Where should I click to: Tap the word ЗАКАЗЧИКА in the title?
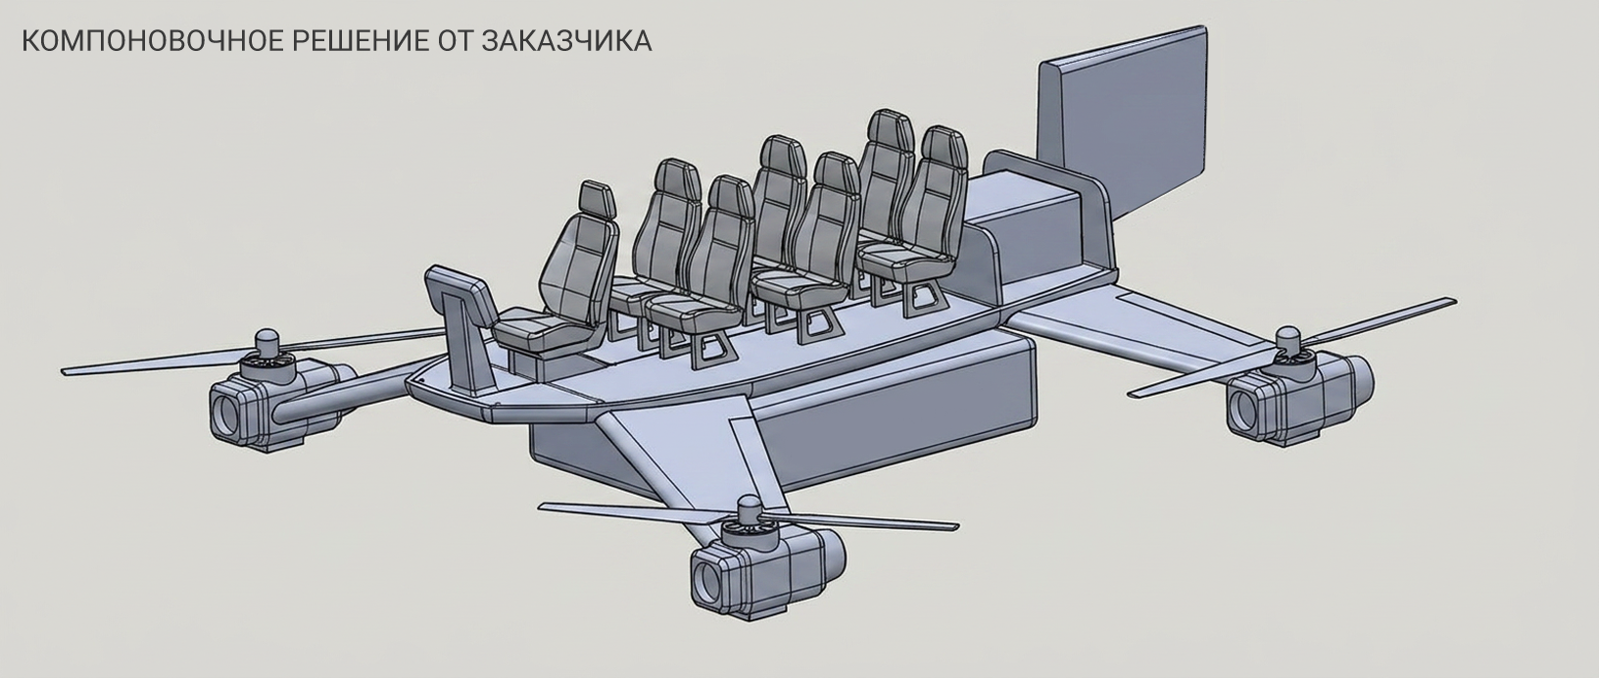(x=566, y=41)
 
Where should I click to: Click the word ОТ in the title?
(x=455, y=41)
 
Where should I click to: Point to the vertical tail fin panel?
(x=1122, y=121)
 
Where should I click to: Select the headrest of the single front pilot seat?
(x=598, y=199)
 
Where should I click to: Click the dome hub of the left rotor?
(x=266, y=341)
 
